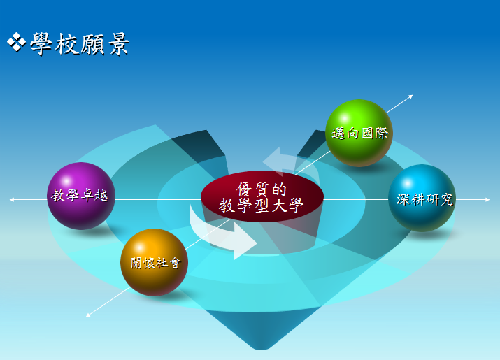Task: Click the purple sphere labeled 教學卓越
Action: (81, 196)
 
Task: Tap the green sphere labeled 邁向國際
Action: (359, 133)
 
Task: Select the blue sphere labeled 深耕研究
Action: (422, 198)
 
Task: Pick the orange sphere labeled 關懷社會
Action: (155, 262)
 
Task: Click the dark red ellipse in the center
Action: (262, 196)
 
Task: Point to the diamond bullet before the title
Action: (16, 42)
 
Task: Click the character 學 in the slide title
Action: (41, 43)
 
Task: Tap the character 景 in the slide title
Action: (119, 43)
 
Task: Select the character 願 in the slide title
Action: (92, 43)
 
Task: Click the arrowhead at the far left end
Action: (11, 200)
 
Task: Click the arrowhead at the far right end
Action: (487, 200)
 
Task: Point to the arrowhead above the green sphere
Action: (410, 96)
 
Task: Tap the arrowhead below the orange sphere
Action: (88, 315)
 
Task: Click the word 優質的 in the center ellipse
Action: (262, 189)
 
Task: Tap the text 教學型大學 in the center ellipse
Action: (261, 205)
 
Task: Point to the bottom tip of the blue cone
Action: (261, 349)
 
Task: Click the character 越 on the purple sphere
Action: (101, 195)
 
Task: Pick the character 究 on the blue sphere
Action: (446, 200)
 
